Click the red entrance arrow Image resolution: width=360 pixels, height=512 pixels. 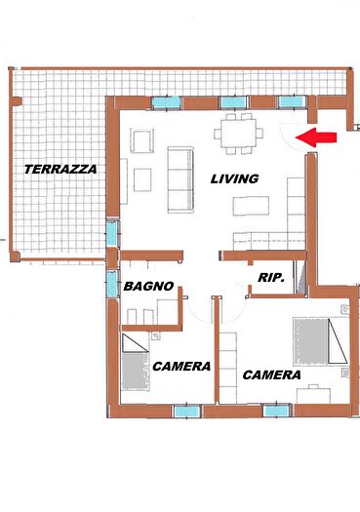[x=318, y=138]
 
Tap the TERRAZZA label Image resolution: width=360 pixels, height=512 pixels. [x=60, y=169]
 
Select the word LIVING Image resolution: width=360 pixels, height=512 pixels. [x=234, y=178]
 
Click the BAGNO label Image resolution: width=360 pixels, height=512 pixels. [x=148, y=287]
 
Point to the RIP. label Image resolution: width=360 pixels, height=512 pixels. [x=270, y=278]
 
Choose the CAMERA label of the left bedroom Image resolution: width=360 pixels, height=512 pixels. [x=181, y=366]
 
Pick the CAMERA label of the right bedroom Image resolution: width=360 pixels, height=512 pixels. [x=271, y=374]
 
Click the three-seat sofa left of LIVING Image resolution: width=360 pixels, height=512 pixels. [x=180, y=179]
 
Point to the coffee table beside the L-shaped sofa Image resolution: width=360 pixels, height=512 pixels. [x=252, y=206]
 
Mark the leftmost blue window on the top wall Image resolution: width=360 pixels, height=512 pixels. [x=166, y=100]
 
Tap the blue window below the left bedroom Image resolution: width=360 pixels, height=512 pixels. [x=185, y=411]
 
